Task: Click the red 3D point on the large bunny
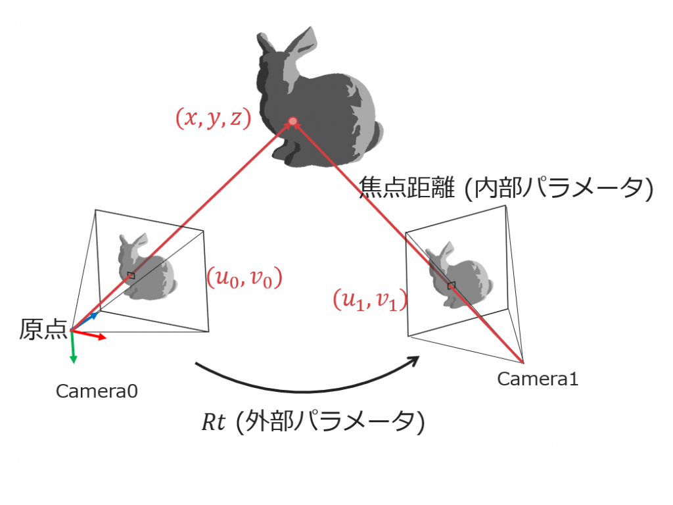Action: (x=292, y=122)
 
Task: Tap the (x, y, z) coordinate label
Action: (x=214, y=118)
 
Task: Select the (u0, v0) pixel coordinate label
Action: (x=244, y=277)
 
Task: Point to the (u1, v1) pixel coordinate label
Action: (x=370, y=300)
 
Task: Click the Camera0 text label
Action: (x=97, y=391)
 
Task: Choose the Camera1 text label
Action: (x=538, y=379)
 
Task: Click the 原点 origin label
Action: (x=43, y=329)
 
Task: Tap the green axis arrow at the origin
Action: (x=72, y=347)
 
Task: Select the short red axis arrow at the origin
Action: (x=89, y=335)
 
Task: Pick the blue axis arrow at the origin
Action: (x=85, y=322)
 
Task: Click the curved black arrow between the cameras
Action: (x=308, y=374)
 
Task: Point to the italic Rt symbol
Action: (x=214, y=421)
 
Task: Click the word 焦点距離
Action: (x=406, y=187)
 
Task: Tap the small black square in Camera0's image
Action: (x=131, y=276)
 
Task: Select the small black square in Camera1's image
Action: (x=451, y=285)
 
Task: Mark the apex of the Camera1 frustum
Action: (x=523, y=362)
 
